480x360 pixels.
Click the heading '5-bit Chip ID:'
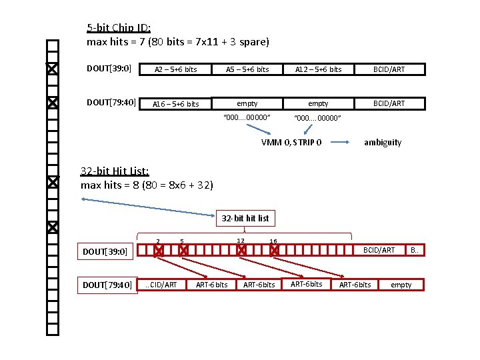[x=119, y=28]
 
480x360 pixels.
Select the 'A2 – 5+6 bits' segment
[x=176, y=69]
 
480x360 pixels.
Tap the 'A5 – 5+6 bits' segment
[x=247, y=69]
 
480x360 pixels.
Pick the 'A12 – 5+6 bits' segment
[x=319, y=69]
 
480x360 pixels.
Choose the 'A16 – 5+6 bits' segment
[x=176, y=104]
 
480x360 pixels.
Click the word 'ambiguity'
[x=383, y=143]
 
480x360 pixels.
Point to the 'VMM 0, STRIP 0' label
[x=292, y=143]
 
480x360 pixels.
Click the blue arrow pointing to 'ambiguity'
[x=341, y=142]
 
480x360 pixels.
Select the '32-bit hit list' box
[x=245, y=218]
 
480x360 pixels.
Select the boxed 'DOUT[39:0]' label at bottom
[x=105, y=251]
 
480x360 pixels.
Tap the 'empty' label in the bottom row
[x=401, y=285]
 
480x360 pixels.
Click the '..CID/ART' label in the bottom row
[x=161, y=285]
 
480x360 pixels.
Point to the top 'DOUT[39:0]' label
[x=109, y=68]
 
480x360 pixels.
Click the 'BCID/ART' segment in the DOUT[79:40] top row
[x=389, y=103]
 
